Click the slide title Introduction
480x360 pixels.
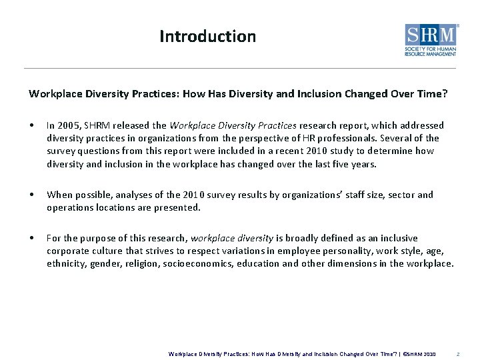[x=207, y=36]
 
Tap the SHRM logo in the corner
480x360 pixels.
[x=431, y=40]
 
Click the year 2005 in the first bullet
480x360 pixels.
[x=69, y=125]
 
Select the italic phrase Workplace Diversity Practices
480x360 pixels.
[x=233, y=125]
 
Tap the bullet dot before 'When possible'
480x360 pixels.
[x=31, y=195]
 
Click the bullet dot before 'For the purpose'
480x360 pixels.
[x=31, y=239]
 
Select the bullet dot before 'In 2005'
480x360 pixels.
[x=31, y=126]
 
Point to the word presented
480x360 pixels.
[x=177, y=207]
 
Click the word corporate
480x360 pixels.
[x=68, y=251]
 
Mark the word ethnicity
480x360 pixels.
[x=65, y=263]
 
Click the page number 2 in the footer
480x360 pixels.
[x=457, y=354]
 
